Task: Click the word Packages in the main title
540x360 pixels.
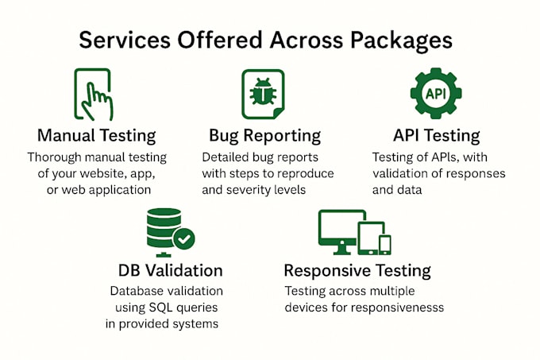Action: [401, 41]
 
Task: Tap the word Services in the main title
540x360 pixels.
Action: [125, 40]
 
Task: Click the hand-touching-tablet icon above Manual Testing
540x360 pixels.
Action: [94, 95]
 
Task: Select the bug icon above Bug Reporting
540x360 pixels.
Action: [263, 91]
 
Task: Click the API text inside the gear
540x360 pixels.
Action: [436, 93]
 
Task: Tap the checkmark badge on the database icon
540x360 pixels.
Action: [184, 238]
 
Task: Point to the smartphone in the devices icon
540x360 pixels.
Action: [385, 245]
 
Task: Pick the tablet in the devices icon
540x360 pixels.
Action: [370, 238]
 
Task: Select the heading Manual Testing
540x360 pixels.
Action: [96, 136]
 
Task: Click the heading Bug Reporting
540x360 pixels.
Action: [264, 136]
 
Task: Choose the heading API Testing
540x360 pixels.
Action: [436, 135]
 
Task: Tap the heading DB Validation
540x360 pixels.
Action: [171, 270]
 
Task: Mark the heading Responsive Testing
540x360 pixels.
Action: [357, 271]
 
